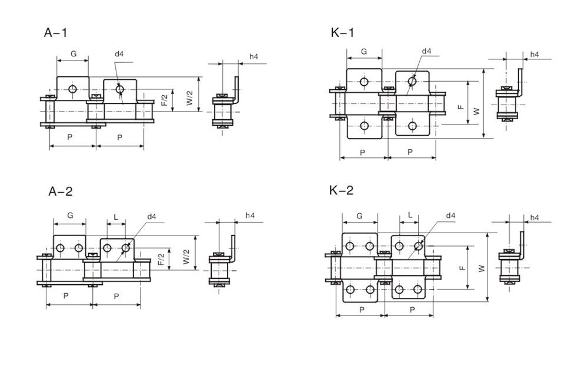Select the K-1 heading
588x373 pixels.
click(342, 32)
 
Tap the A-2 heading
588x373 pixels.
click(61, 192)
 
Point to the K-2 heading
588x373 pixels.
click(342, 190)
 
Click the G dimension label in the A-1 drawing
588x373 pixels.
click(73, 54)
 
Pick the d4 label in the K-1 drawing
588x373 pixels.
click(426, 52)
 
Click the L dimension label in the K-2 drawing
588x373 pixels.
click(409, 216)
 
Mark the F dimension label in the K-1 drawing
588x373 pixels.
click(461, 107)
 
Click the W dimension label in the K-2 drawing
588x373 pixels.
click(482, 268)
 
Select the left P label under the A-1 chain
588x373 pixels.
click(71, 137)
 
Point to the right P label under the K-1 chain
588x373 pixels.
click(410, 152)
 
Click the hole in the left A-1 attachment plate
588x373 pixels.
click(72, 89)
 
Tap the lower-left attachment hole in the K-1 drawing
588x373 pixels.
click(364, 126)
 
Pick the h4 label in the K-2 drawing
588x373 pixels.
click(534, 217)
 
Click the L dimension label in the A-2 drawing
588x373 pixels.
click(116, 217)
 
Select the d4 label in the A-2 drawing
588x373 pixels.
click(152, 217)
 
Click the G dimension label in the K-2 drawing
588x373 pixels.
click(359, 216)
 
